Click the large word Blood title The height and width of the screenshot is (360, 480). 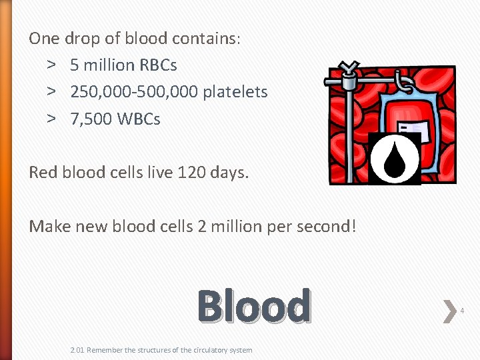(x=254, y=306)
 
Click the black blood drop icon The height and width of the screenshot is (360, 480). (x=395, y=159)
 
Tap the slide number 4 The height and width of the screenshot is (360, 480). (x=462, y=310)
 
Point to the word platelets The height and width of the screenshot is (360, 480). (x=235, y=92)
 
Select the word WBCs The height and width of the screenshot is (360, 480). (x=139, y=119)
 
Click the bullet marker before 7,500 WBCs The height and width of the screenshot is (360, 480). (x=51, y=119)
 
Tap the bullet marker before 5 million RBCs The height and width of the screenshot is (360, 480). (x=51, y=65)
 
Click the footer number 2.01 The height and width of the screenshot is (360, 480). (x=77, y=350)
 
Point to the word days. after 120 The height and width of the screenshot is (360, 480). (x=229, y=173)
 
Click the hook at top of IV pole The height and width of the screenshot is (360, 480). (x=348, y=69)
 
